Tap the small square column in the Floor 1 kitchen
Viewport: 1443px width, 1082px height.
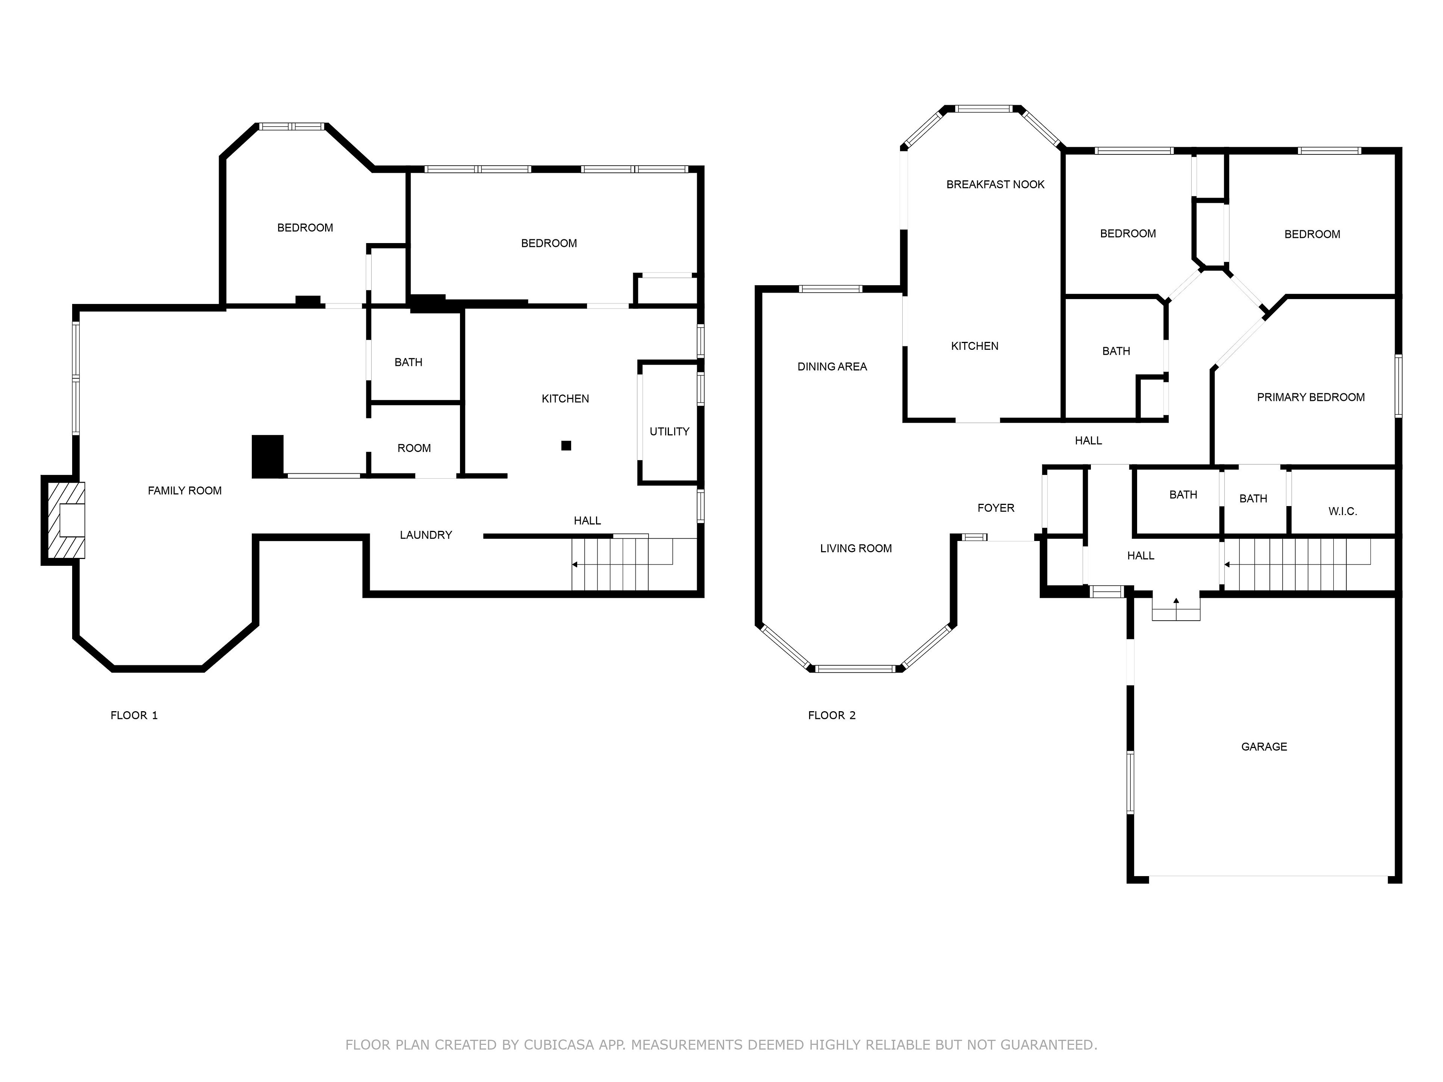click(566, 446)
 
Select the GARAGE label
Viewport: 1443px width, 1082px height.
click(1264, 747)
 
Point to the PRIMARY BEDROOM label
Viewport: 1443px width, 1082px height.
click(1311, 397)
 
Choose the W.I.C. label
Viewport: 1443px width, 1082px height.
click(1343, 511)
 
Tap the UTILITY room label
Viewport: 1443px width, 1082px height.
click(669, 432)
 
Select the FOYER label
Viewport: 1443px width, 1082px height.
click(995, 508)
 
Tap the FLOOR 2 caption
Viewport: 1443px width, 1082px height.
click(831, 715)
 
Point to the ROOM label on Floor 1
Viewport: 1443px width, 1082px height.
click(414, 448)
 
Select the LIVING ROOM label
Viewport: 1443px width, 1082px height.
click(856, 549)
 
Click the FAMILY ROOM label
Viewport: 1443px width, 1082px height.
click(185, 490)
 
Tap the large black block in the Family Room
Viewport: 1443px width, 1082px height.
click(268, 456)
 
